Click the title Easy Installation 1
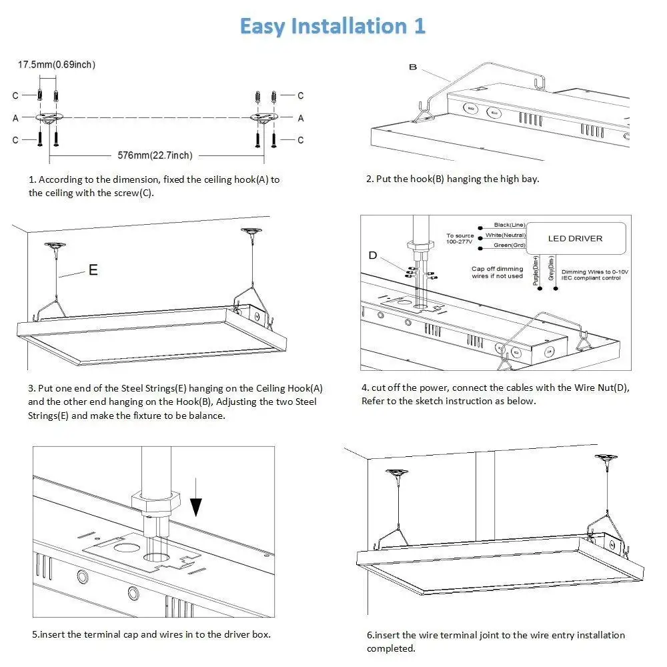[332, 26]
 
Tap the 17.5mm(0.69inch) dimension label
[56, 65]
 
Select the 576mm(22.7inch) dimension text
[155, 155]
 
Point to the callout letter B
[412, 67]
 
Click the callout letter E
[93, 270]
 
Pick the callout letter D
[372, 255]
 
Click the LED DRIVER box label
[575, 238]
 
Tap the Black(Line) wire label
[510, 225]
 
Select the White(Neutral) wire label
[505, 235]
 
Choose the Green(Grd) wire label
[509, 245]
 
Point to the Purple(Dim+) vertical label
[536, 271]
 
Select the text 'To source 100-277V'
[460, 238]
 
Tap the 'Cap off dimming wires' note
[497, 272]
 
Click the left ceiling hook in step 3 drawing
[55, 245]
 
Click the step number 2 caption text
[452, 179]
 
